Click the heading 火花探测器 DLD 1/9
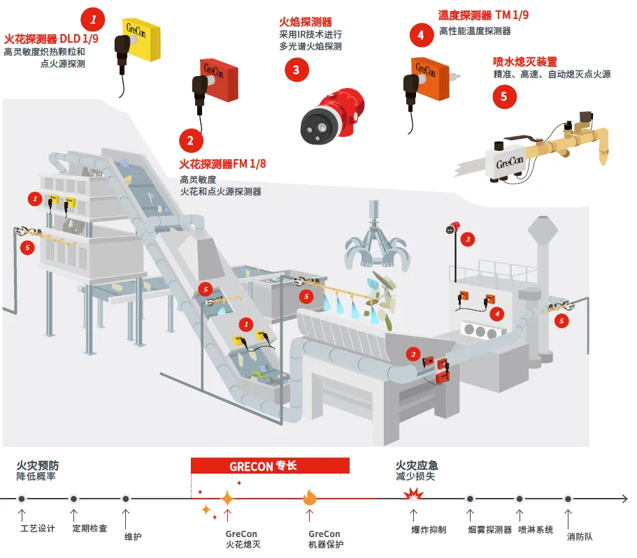point(51,38)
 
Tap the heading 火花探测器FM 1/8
point(223,165)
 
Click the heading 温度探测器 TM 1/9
point(483,16)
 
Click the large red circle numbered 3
point(296,68)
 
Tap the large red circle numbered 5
point(504,96)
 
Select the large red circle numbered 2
point(189,140)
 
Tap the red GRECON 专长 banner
point(270,466)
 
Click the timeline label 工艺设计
point(38,529)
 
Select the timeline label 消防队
point(580,537)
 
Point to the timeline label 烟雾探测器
point(489,529)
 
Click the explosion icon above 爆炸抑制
point(414,497)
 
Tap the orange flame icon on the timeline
point(310,498)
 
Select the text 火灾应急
point(417,465)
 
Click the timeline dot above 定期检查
point(73,499)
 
